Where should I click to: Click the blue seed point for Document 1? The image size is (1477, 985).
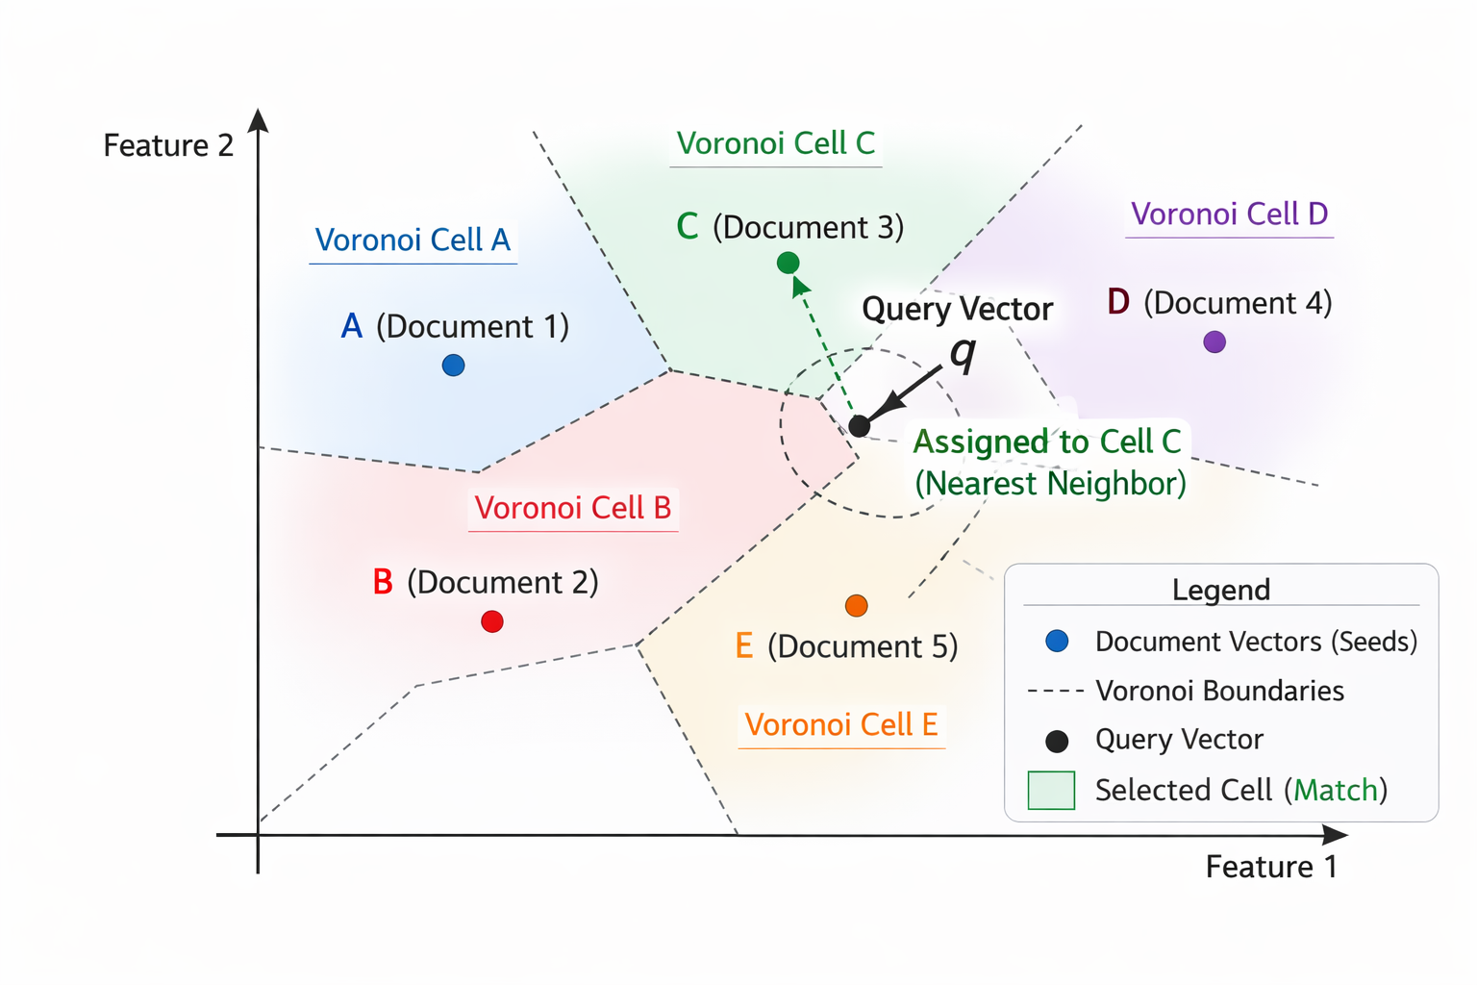(x=453, y=366)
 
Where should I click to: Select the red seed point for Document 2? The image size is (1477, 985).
(x=492, y=621)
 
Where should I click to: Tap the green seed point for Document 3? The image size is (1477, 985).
(x=788, y=263)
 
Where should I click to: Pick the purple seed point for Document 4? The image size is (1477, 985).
(x=1214, y=341)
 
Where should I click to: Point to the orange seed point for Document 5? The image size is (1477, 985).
(x=856, y=605)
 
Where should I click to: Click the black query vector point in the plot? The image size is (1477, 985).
(x=860, y=425)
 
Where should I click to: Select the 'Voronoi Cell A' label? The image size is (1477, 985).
(x=413, y=240)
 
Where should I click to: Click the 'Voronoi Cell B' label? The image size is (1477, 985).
(x=573, y=508)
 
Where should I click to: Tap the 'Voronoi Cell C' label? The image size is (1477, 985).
(x=775, y=143)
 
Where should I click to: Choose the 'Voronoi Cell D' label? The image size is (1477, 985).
(x=1229, y=214)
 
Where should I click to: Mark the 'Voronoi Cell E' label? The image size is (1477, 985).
(x=841, y=724)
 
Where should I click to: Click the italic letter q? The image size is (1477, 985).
(x=963, y=353)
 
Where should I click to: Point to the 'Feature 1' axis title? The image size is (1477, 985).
(x=1271, y=867)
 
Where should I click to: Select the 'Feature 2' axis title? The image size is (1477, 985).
(x=168, y=145)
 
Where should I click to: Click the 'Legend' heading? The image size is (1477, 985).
(x=1220, y=590)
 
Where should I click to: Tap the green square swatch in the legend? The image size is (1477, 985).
(x=1051, y=791)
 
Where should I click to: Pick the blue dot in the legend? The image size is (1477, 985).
(x=1057, y=642)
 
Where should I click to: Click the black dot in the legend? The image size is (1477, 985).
(x=1057, y=741)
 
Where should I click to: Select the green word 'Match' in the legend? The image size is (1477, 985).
(x=1336, y=791)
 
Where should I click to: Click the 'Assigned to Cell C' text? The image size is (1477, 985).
(x=1046, y=442)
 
